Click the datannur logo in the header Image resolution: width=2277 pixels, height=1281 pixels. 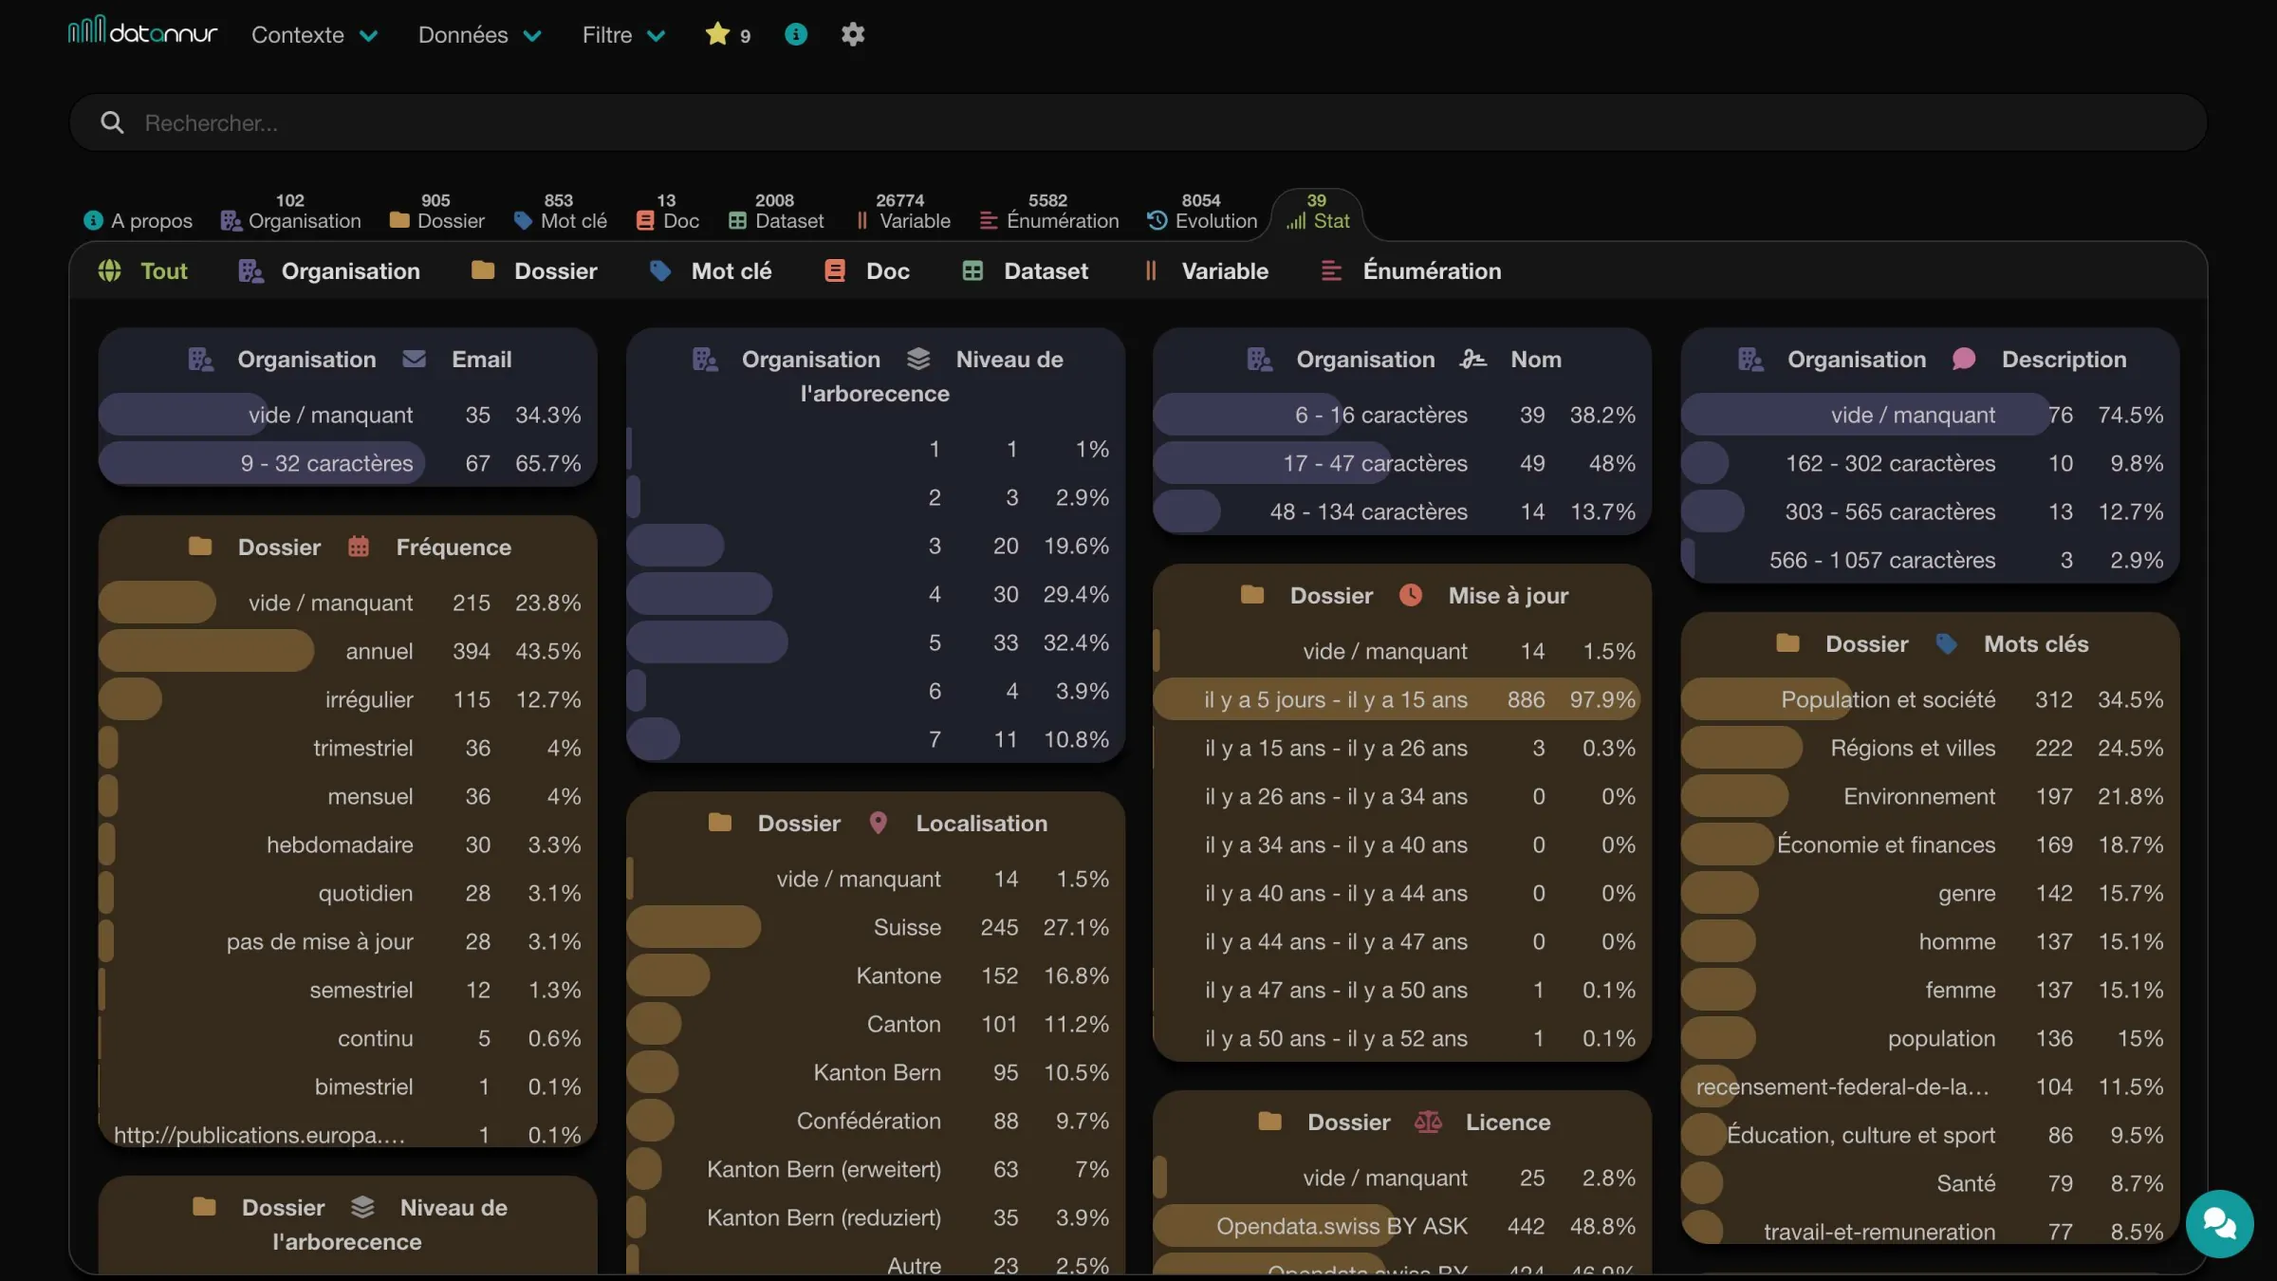[142, 32]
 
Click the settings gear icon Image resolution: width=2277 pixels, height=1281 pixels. [853, 34]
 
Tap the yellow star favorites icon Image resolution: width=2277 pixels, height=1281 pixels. [717, 34]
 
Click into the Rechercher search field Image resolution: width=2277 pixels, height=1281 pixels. [1138, 122]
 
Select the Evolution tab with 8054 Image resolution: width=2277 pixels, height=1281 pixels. [1202, 212]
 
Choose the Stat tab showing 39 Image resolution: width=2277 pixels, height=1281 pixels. [1317, 212]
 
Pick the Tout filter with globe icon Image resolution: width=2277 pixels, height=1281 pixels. [143, 271]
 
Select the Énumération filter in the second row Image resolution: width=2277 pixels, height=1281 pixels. [1412, 271]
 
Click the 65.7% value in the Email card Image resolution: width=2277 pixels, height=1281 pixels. [547, 463]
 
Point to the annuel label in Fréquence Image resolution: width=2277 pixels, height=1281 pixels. [379, 651]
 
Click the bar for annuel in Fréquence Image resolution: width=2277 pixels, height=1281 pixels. [206, 651]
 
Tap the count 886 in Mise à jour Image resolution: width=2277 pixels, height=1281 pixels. [1526, 699]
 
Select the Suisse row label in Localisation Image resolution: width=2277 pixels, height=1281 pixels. [907, 927]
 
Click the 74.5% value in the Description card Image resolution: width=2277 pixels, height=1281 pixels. [2130, 415]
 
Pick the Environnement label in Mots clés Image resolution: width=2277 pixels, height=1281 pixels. [1919, 796]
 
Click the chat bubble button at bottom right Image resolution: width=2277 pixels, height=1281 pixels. [2219, 1223]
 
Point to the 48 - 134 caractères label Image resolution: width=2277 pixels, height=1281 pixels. [1368, 511]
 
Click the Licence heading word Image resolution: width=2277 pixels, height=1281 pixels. [1508, 1122]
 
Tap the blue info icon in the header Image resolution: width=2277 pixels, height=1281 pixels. [796, 34]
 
